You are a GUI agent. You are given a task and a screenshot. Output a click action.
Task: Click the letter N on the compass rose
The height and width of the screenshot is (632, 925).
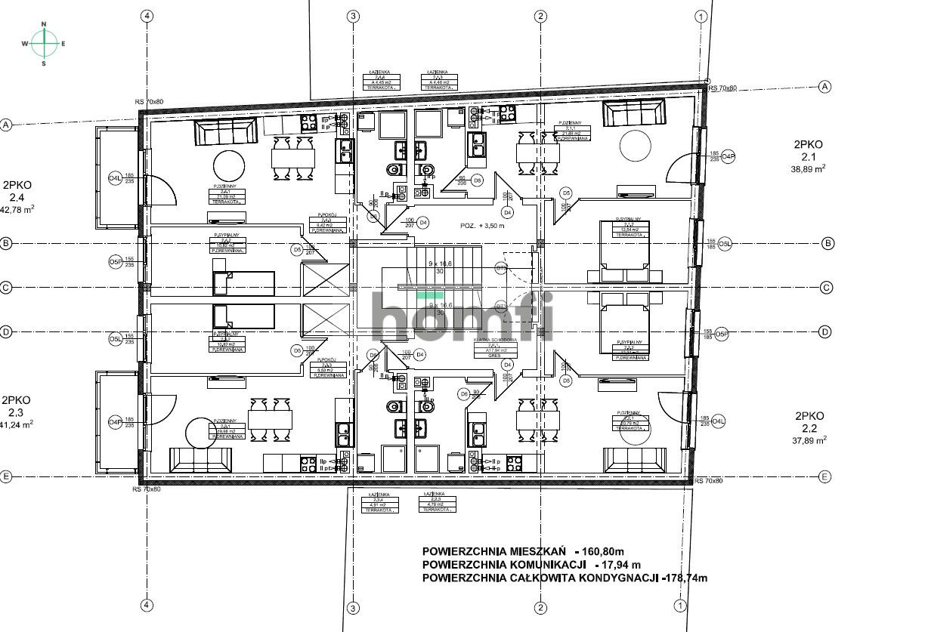(44, 25)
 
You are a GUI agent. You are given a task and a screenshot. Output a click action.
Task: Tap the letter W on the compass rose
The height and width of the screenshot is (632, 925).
(25, 44)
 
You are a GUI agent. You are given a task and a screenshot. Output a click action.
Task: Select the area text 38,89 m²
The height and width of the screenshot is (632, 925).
(808, 170)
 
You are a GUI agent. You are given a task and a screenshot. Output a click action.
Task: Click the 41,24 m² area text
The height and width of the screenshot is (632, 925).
(17, 424)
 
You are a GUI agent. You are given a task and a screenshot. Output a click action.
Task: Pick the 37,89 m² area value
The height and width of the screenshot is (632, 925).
(808, 441)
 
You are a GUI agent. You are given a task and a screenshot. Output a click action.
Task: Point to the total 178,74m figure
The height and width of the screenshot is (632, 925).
(685, 578)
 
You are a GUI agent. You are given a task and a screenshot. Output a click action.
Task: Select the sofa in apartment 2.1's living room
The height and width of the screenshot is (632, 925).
(635, 114)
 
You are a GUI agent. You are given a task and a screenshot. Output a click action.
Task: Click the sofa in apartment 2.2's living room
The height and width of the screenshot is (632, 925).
(635, 459)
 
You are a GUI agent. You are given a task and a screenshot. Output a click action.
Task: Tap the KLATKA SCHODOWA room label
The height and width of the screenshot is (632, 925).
(495, 341)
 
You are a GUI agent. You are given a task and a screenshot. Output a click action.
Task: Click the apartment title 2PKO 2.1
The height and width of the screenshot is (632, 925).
(808, 150)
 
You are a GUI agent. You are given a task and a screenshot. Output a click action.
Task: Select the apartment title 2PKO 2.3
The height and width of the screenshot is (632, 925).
(16, 406)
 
